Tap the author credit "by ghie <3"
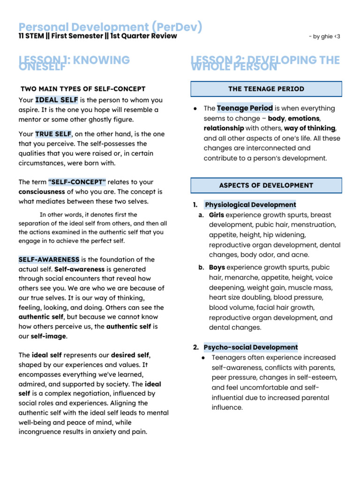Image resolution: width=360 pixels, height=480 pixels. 324,37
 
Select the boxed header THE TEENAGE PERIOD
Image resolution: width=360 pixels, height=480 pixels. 266,89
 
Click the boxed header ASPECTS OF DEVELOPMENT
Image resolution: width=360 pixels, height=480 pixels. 266,185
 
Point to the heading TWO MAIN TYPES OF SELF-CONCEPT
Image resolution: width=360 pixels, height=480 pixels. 83,89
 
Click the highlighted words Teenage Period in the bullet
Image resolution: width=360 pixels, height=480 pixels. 245,108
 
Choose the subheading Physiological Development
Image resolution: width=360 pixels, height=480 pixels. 250,205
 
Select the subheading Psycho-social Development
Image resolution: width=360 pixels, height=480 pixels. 250,347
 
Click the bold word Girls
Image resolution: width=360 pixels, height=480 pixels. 216,215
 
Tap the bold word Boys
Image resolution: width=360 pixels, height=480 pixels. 217,267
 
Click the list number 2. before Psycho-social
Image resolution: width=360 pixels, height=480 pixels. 196,347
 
